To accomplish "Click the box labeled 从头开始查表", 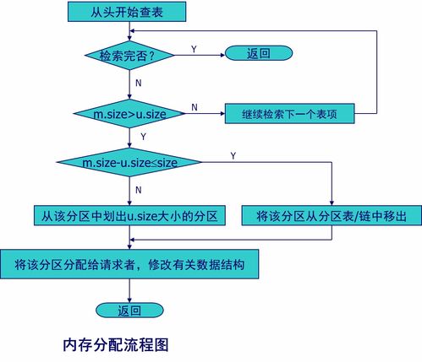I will click(129, 11).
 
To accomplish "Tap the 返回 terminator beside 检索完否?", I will click(258, 53).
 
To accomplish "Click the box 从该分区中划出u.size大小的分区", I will click(128, 216).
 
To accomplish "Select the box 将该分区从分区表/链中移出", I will click(332, 216).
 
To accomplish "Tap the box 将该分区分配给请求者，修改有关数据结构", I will click(129, 264).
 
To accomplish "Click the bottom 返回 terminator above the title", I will click(129, 311).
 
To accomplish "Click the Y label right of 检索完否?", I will click(194, 50).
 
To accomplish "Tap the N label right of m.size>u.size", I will click(194, 107).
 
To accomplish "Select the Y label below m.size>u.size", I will click(141, 136).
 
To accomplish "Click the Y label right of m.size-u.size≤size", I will click(233, 155).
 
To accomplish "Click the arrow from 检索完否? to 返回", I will click(200, 54).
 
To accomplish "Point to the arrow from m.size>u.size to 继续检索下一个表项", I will click(200, 112).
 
